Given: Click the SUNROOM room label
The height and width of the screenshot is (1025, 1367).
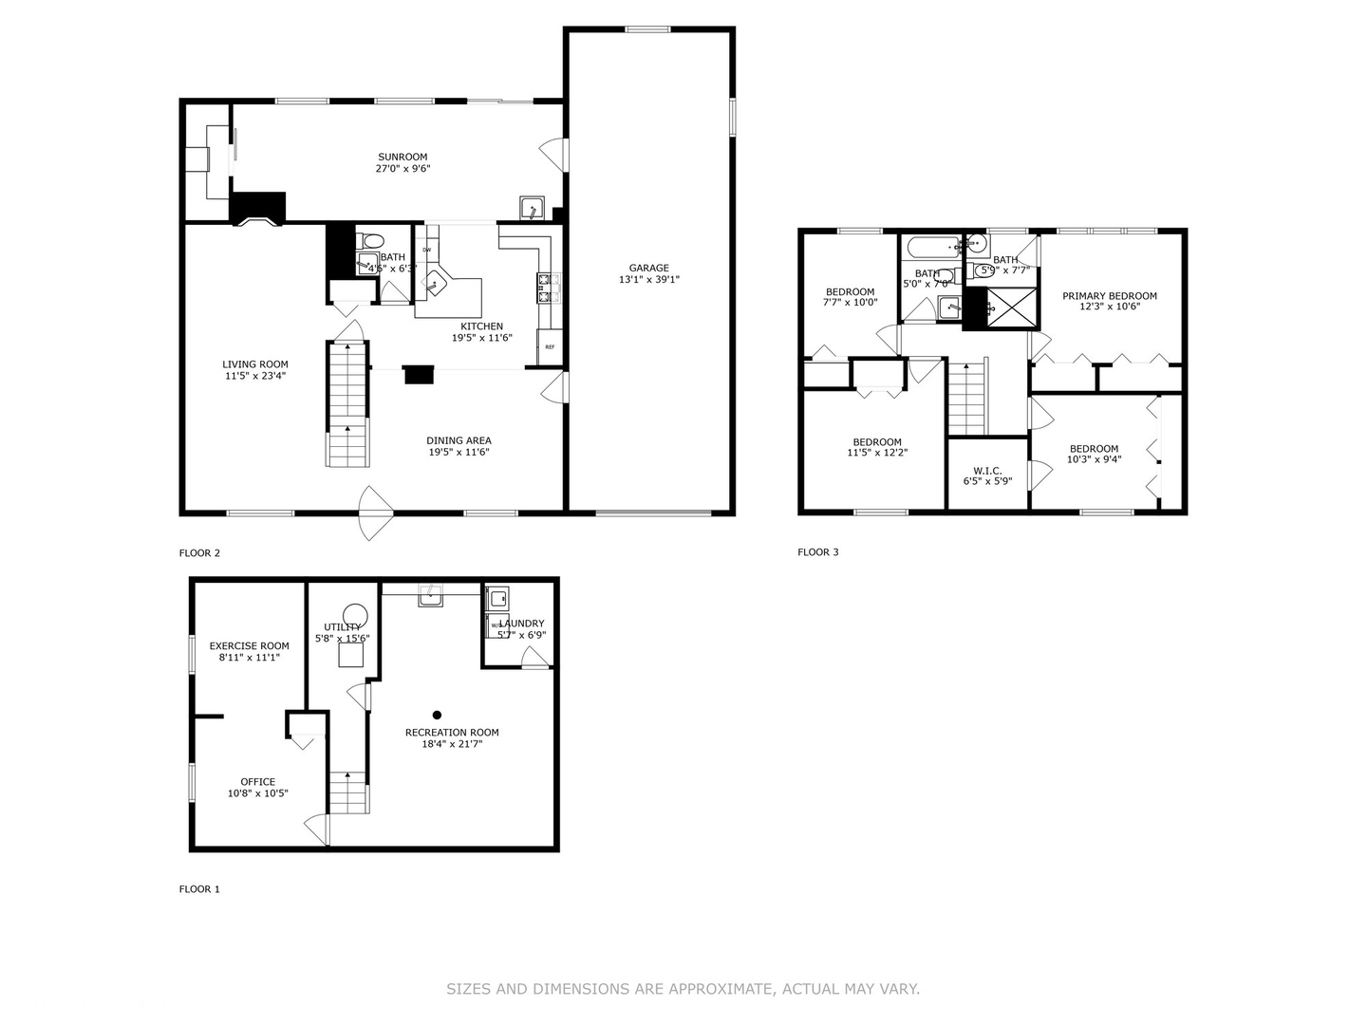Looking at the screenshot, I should (403, 157).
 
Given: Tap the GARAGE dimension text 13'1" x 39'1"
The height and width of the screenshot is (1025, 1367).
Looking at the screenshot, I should (649, 280).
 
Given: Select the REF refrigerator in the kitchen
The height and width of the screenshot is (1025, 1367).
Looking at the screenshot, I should (550, 347).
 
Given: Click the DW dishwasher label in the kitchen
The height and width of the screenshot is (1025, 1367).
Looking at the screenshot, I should (427, 250).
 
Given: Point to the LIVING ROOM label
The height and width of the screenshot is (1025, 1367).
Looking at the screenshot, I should (255, 364).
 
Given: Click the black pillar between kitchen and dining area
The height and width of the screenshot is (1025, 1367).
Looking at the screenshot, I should (419, 375).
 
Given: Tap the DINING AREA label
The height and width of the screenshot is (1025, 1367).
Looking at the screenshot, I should (459, 440).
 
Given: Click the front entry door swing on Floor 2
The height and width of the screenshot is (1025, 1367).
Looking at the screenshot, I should (375, 512).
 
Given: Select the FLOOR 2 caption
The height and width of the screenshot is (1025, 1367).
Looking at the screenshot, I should (199, 553).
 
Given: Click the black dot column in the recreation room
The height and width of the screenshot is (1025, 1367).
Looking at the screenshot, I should (437, 715).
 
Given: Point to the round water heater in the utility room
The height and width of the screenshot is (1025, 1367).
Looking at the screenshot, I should (355, 615).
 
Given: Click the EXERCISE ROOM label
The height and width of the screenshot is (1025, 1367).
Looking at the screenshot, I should (249, 646).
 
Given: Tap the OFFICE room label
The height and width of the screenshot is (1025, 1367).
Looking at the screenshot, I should (257, 782).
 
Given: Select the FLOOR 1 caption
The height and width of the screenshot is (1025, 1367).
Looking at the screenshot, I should (199, 889).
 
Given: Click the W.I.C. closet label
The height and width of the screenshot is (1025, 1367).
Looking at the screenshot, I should (987, 471).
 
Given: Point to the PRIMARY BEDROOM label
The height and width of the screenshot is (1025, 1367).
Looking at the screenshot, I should (1109, 296).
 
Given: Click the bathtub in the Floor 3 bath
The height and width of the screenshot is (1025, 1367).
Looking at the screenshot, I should (932, 249).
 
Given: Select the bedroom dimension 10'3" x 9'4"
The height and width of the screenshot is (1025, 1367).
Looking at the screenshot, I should (1094, 459).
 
